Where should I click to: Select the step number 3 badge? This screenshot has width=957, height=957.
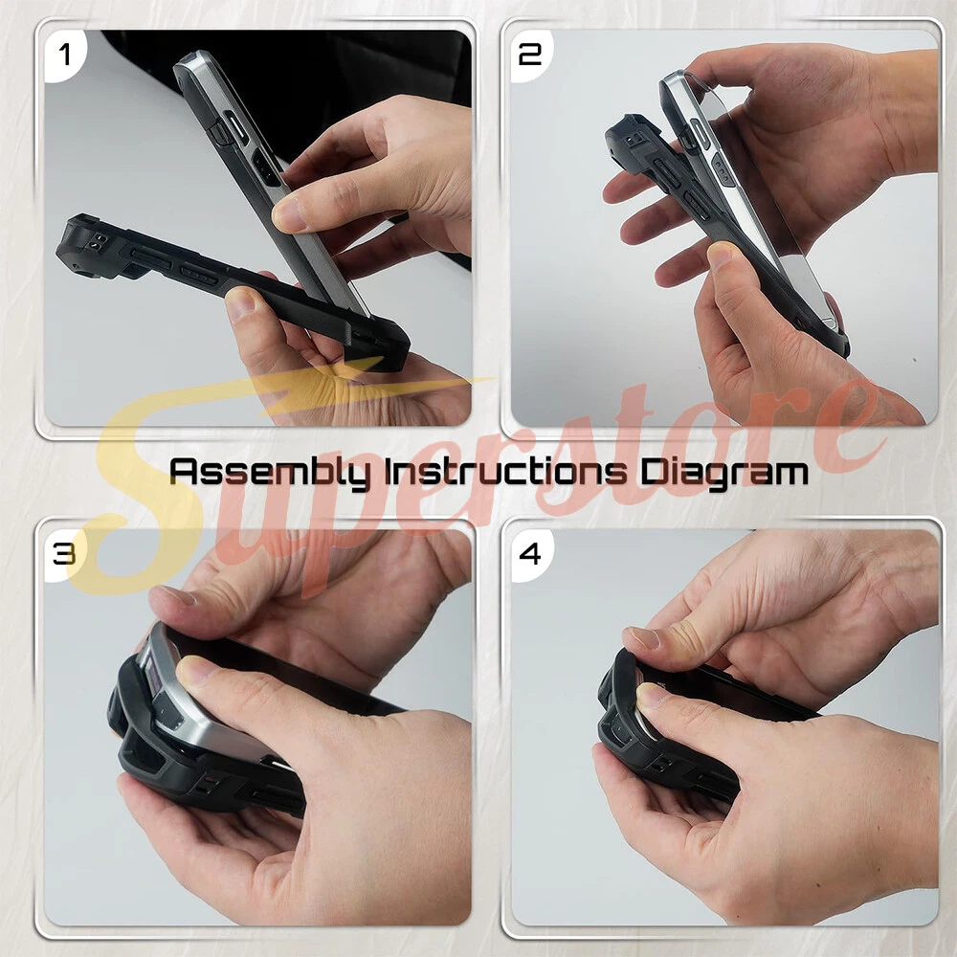[63, 554]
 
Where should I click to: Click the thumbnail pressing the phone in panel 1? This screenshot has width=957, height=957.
[289, 214]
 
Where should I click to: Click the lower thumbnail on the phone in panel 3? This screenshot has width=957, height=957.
[195, 672]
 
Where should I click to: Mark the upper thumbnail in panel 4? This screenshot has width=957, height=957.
[642, 638]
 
